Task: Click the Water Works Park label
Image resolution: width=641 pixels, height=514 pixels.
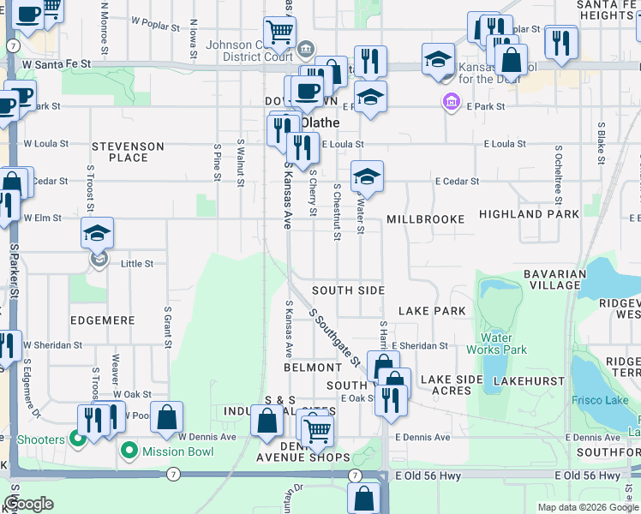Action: pyautogui.click(x=497, y=344)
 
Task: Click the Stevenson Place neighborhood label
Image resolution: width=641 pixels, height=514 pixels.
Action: pyautogui.click(x=129, y=152)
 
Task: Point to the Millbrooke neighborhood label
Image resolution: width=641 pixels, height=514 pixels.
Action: pyautogui.click(x=425, y=219)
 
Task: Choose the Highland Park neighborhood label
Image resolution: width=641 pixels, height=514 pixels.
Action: pyautogui.click(x=529, y=214)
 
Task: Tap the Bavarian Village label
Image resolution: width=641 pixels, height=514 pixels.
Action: pyautogui.click(x=555, y=279)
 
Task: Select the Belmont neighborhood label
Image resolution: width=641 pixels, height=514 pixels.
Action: pyautogui.click(x=313, y=368)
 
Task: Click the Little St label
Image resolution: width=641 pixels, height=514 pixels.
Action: pyautogui.click(x=137, y=264)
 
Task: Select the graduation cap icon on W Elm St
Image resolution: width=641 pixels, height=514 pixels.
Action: pyautogui.click(x=98, y=234)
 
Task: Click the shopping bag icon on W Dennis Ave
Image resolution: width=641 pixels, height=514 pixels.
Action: pyautogui.click(x=168, y=418)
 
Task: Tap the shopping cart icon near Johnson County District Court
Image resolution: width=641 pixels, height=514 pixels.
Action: pyautogui.click(x=280, y=33)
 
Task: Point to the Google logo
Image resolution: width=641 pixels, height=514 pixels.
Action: pyautogui.click(x=29, y=504)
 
